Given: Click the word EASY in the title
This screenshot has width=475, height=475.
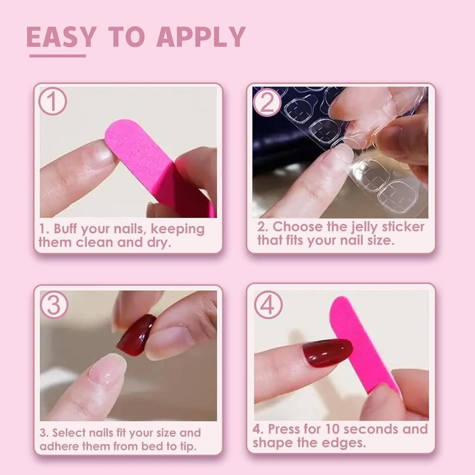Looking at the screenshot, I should (61, 37).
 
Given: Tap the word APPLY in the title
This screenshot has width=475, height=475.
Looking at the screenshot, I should (200, 37).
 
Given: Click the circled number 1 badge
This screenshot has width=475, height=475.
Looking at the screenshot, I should (52, 102).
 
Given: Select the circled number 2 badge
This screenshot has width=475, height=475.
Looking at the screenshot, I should (267, 102).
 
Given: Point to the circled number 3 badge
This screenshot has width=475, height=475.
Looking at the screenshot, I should (54, 305).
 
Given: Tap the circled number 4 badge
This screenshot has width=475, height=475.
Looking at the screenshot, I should (268, 305).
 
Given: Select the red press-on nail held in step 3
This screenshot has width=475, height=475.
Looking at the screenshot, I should (136, 335).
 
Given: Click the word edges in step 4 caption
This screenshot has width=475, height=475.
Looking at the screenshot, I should (345, 443).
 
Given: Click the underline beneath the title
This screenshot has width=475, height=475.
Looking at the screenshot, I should (58, 56).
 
